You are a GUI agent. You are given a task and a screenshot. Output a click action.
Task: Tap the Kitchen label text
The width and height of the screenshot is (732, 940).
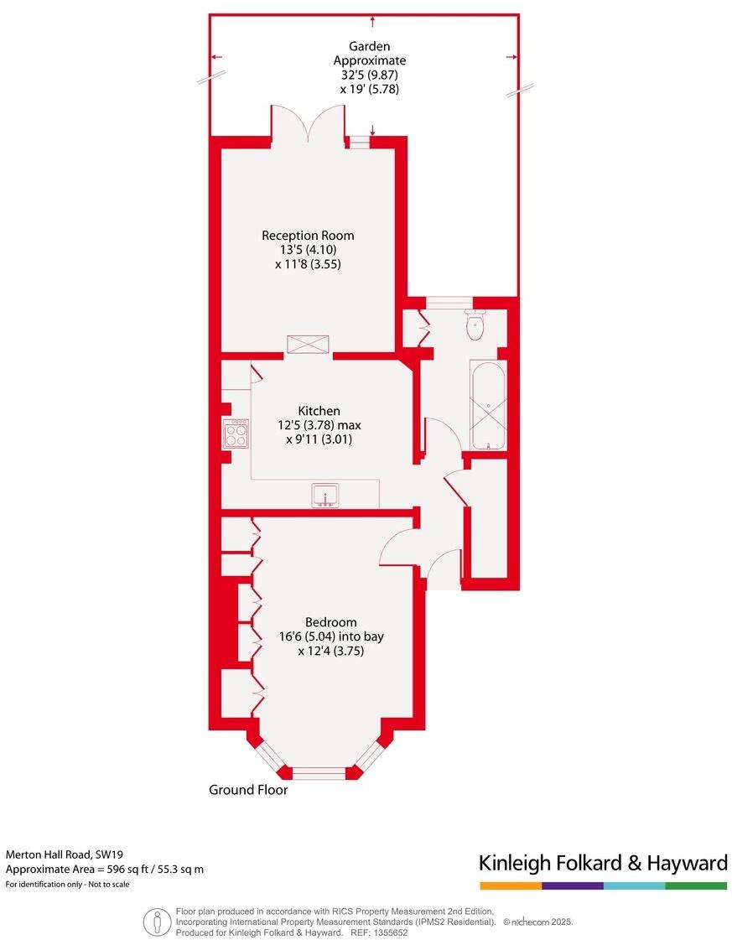(x=319, y=411)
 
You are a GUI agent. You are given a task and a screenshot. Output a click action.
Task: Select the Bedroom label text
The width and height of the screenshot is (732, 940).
(x=330, y=622)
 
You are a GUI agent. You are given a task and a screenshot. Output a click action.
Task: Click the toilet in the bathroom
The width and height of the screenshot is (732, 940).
(x=475, y=325)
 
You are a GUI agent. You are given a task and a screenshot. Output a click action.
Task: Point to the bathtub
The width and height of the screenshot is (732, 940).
(x=488, y=406)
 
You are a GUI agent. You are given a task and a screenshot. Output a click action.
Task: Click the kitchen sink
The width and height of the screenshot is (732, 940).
(x=324, y=496)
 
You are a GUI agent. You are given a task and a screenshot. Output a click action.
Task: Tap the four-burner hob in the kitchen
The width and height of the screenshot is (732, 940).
(x=236, y=434)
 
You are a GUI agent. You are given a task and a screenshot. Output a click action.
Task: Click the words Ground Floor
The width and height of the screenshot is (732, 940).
(x=248, y=790)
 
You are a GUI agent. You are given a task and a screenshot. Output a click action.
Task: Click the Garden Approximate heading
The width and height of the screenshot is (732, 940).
(x=370, y=54)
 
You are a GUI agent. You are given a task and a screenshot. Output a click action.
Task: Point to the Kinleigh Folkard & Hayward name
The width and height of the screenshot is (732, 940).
(x=602, y=863)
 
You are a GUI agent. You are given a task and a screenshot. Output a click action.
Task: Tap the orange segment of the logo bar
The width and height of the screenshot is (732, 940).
(x=510, y=885)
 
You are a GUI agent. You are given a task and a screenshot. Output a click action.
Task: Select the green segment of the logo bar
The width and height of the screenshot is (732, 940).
(x=696, y=885)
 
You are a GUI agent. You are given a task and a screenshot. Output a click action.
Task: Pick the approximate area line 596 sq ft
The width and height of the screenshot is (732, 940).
(x=104, y=869)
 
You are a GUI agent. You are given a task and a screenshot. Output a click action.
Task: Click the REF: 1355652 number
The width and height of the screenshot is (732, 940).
(x=392, y=932)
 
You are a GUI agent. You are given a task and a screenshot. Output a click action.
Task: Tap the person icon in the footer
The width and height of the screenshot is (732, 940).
(x=157, y=922)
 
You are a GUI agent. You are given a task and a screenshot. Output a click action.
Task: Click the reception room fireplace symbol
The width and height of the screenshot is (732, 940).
(x=308, y=345)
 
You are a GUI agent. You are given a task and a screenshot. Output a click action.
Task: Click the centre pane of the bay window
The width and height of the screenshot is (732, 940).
(x=318, y=772)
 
